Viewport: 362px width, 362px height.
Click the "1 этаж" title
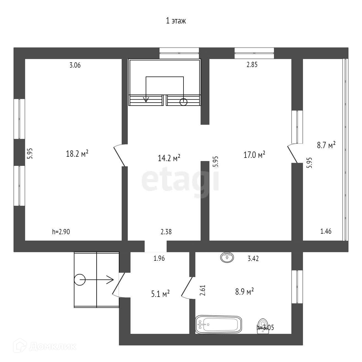tap(176, 21)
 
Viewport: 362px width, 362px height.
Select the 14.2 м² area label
tap(169, 158)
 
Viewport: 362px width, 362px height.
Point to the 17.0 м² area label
tap(254, 155)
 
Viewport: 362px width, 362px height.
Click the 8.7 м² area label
tap(326, 145)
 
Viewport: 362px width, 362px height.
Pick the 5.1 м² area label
tap(160, 294)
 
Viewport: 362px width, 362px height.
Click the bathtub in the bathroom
tap(219, 324)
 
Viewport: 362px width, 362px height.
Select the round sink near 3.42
tap(227, 257)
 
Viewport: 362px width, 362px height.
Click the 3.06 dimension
tap(75, 65)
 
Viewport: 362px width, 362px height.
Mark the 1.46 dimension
tap(326, 231)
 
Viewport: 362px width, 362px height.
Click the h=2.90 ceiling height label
tap(61, 232)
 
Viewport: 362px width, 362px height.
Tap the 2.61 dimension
tap(203, 291)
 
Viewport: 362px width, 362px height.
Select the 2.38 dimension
tap(166, 232)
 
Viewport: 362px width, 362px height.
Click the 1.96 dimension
tap(159, 259)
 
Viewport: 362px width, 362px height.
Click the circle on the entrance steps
tap(80, 280)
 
